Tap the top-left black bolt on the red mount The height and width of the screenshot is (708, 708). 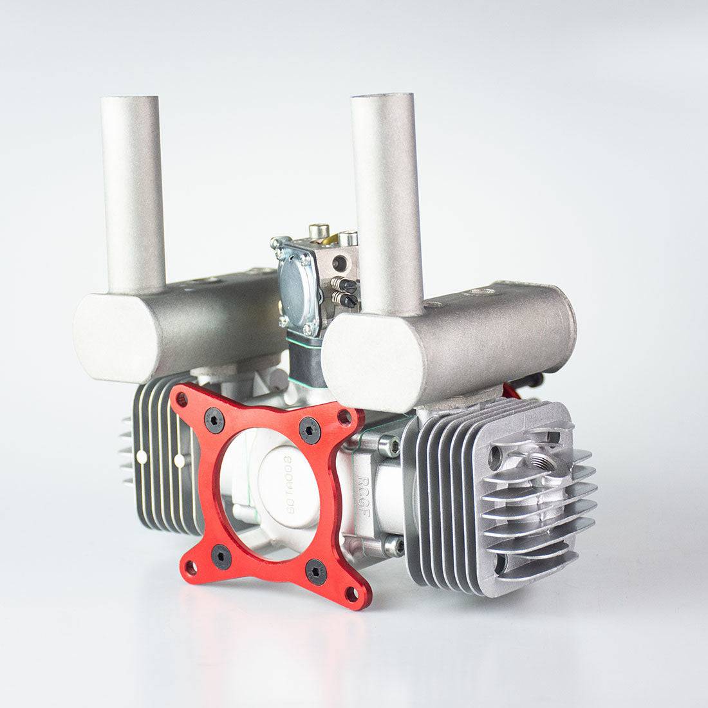[x=214, y=421]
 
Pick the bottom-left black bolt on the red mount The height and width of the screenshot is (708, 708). [x=221, y=555]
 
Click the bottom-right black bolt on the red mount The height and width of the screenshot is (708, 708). [x=315, y=571]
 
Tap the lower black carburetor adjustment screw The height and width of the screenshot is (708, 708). [x=345, y=299]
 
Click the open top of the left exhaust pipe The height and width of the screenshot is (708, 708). [x=129, y=100]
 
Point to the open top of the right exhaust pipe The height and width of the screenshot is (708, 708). [x=382, y=97]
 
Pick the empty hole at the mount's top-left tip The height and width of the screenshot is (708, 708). [x=182, y=401]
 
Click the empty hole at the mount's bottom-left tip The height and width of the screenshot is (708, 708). [x=191, y=569]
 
